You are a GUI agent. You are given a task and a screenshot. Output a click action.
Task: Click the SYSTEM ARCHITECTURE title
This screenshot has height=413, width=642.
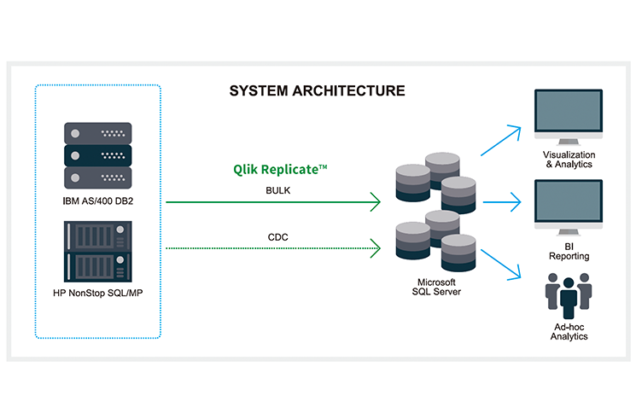(x=317, y=90)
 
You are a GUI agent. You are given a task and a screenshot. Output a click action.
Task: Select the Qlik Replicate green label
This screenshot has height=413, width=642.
(x=280, y=170)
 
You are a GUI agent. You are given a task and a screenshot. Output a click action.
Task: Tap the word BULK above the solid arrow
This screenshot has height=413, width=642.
(x=278, y=190)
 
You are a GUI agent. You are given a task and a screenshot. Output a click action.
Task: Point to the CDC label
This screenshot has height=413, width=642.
(x=278, y=237)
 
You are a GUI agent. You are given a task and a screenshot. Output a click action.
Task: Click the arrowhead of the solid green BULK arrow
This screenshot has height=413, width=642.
(x=376, y=201)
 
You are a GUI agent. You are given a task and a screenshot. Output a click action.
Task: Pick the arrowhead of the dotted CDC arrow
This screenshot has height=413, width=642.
(x=376, y=248)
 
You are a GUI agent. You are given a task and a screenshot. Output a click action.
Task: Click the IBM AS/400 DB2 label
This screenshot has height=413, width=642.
(x=98, y=201)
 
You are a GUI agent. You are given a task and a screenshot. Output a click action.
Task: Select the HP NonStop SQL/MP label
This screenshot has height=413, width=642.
(x=98, y=293)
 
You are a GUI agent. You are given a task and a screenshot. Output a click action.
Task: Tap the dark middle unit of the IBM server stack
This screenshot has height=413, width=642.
(x=98, y=155)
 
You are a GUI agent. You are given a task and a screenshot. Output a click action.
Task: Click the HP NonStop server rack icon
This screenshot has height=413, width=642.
(x=98, y=252)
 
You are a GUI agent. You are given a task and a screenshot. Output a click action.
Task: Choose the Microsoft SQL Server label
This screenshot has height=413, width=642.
(x=436, y=287)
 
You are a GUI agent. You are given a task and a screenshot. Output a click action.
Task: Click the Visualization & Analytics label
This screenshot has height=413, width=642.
(x=569, y=160)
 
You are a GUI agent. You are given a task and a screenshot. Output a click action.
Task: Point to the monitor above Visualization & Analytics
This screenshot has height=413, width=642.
(x=569, y=117)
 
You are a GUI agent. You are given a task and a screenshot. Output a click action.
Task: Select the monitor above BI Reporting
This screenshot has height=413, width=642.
(x=569, y=207)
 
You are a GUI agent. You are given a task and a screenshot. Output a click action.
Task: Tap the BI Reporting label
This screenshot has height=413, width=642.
(x=569, y=252)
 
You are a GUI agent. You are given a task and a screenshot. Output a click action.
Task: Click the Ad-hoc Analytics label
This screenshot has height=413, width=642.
(x=569, y=332)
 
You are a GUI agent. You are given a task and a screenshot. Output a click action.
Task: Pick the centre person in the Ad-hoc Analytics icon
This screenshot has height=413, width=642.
(x=569, y=298)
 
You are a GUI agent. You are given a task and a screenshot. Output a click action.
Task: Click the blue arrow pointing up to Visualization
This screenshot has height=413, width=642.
(x=501, y=141)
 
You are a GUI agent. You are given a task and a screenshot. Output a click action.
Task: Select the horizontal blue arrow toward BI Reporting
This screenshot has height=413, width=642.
(x=502, y=201)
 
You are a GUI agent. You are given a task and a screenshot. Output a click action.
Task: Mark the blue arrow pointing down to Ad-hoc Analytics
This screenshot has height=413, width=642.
(x=501, y=265)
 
